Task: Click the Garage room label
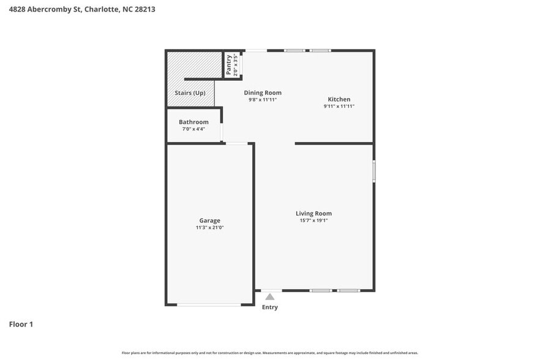pos(209,220)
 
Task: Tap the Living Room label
pos(313,214)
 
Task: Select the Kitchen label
pos(339,99)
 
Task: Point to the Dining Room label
pos(262,92)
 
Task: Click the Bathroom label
pos(193,122)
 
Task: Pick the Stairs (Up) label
pos(190,93)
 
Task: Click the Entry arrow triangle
pos(270,297)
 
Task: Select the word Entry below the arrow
pos(270,307)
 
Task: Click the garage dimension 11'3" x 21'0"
pos(209,228)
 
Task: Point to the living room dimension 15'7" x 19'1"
pos(313,220)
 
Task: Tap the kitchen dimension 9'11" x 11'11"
pos(339,107)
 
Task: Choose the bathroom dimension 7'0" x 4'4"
pos(193,129)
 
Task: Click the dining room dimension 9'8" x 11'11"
pos(262,99)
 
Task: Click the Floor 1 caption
pos(21,324)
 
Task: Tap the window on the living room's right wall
pos(374,171)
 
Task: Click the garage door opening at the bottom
pos(209,304)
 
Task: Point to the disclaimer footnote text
pos(270,353)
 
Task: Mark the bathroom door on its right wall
pos(222,132)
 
